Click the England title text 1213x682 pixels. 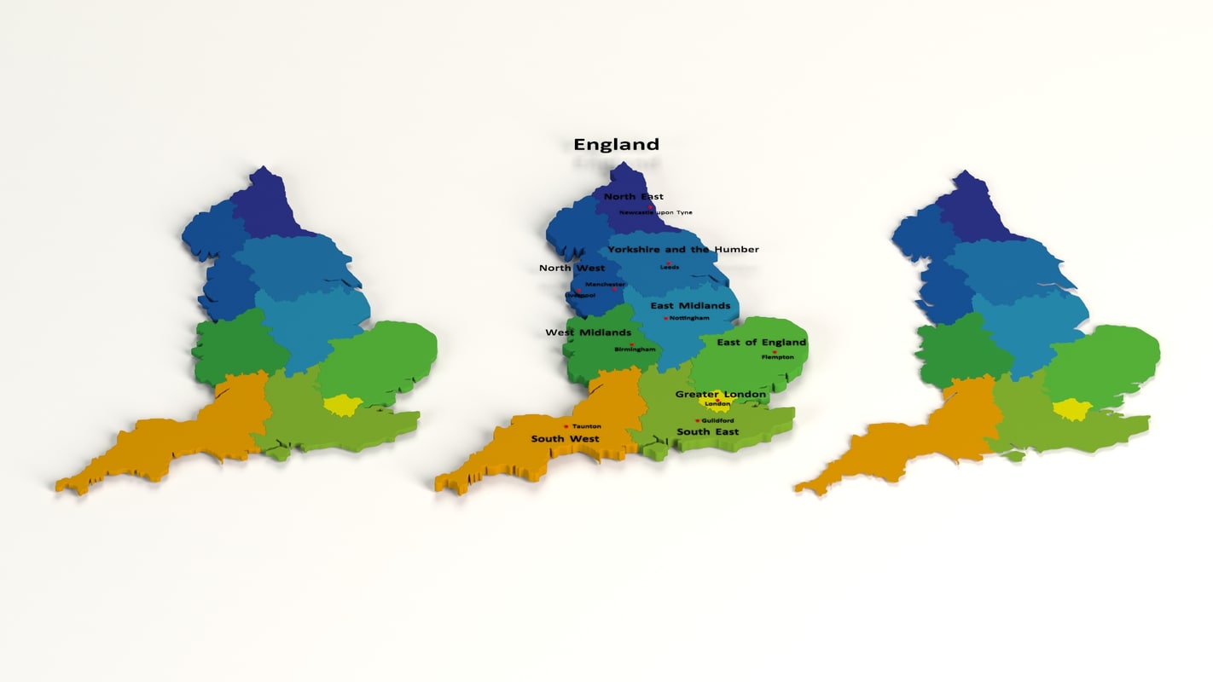(616, 145)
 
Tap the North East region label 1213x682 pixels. (633, 197)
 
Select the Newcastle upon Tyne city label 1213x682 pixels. (656, 212)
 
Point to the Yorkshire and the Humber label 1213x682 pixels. (682, 250)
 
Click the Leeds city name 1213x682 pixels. (670, 267)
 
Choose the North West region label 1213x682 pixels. (572, 269)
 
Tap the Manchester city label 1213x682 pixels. (605, 284)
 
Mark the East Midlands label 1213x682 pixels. (690, 305)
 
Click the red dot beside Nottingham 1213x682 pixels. (666, 319)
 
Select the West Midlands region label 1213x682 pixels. (588, 332)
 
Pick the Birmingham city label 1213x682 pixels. (636, 350)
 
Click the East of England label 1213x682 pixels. (761, 343)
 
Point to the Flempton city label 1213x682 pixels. (777, 357)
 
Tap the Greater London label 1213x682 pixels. (721, 395)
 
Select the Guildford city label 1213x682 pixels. (717, 420)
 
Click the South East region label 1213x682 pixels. (707, 432)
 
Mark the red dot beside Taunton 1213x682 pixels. (566, 426)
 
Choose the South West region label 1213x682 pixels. (565, 439)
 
